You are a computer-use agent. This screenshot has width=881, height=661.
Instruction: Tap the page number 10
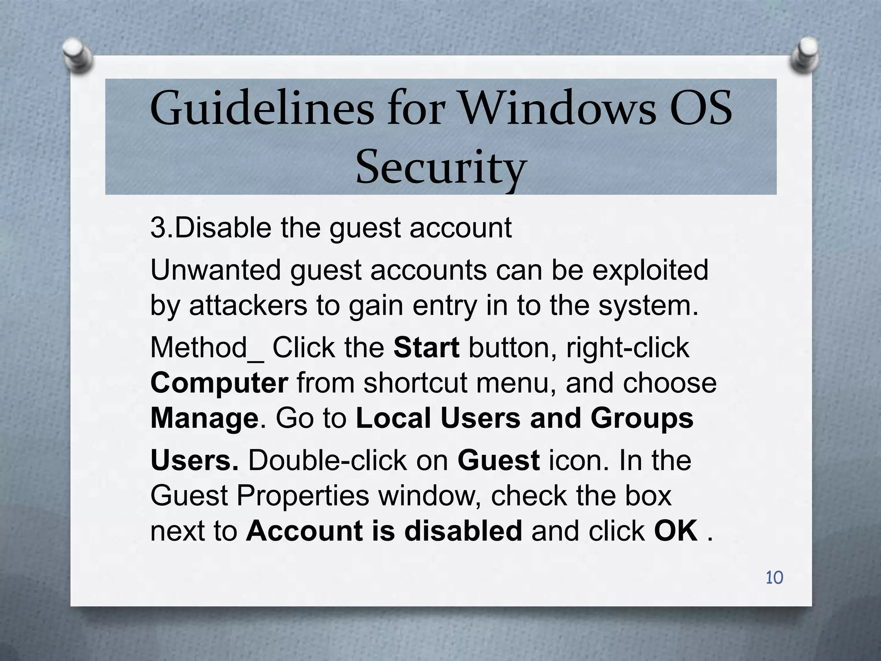tap(774, 578)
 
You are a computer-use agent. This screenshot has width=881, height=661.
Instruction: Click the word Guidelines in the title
tap(262, 108)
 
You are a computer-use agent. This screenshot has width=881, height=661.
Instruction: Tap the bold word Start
tap(426, 348)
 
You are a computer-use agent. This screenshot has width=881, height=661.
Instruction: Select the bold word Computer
tap(219, 383)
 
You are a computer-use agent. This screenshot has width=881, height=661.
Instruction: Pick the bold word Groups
tap(642, 418)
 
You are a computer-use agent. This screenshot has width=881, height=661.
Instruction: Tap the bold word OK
tap(676, 531)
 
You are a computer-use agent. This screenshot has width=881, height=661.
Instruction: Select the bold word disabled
tap(463, 531)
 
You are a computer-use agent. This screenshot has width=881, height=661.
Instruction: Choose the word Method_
tap(207, 348)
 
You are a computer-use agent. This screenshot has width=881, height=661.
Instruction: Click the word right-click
tap(628, 348)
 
